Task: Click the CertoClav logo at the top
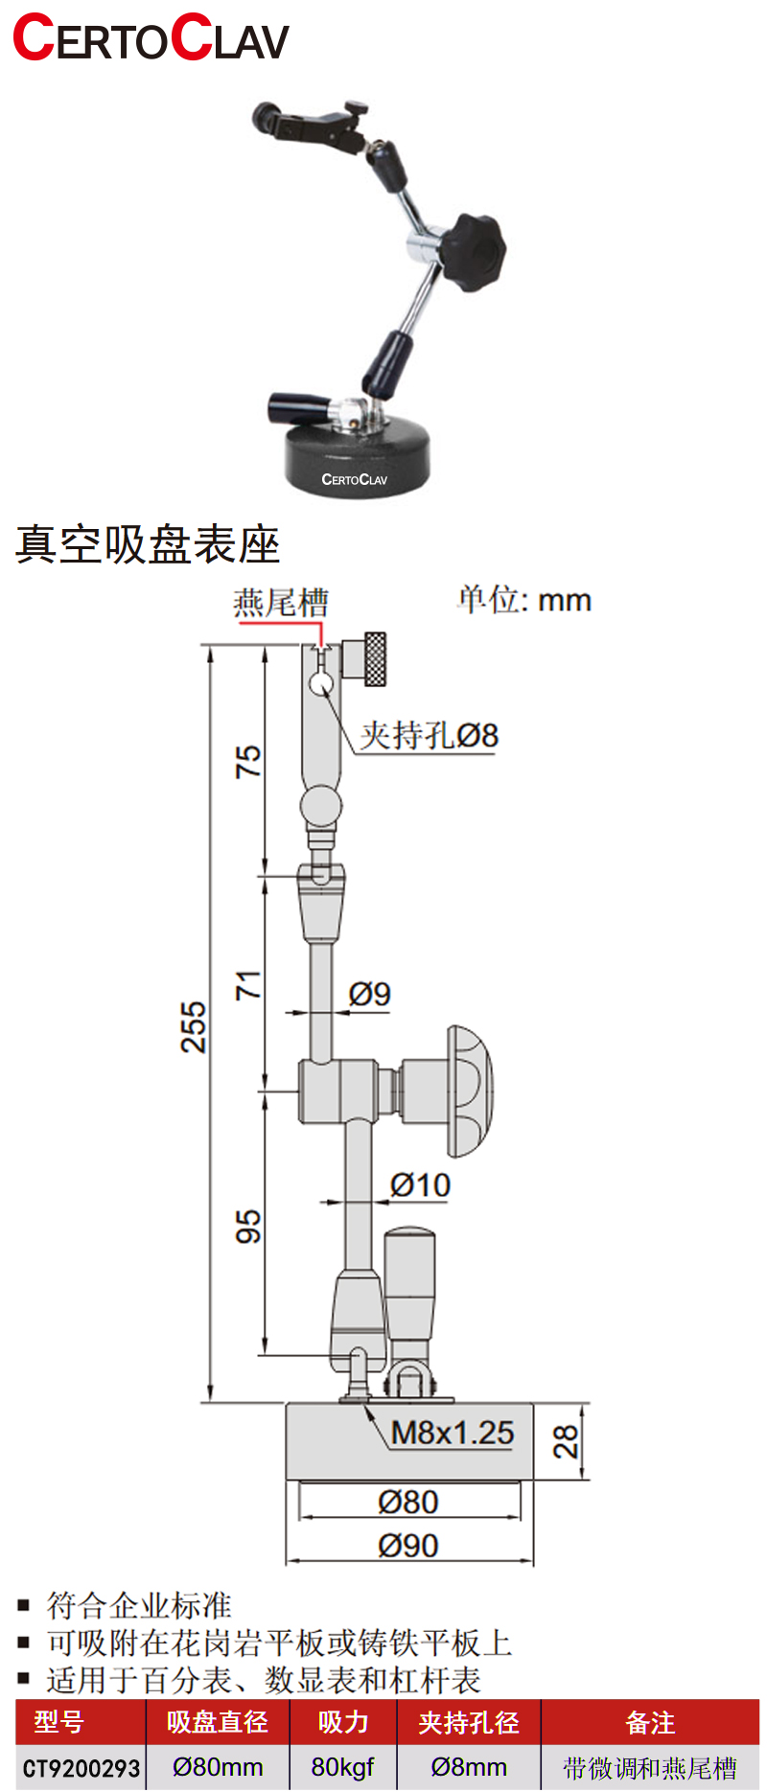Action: (151, 38)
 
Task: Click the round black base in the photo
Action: (357, 457)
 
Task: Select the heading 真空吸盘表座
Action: (148, 544)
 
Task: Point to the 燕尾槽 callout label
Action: (281, 603)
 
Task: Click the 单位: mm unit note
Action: (524, 600)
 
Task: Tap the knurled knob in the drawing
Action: (373, 659)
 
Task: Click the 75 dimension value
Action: (248, 761)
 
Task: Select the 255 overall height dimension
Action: (194, 1027)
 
